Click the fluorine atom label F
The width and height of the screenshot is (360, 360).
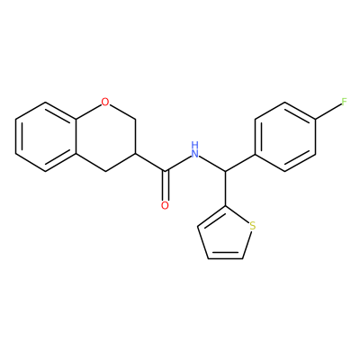pos(344,103)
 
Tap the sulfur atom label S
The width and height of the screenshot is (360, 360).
pos(253,226)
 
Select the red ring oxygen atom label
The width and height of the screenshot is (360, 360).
pos(105,103)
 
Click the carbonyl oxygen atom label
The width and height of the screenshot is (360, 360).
pos(165,205)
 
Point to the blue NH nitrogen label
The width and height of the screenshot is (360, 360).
pos(195,150)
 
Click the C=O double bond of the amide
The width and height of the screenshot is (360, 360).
pos(165,186)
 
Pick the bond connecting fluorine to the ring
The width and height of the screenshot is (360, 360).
pos(328,112)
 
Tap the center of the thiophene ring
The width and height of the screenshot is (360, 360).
pos(224,237)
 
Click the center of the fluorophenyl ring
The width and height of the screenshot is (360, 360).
pos(285,137)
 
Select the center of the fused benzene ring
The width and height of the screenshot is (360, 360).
pos(46,137)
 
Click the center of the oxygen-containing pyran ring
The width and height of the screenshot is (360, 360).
pos(105,137)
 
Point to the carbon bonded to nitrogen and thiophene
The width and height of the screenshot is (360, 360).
pos(225,172)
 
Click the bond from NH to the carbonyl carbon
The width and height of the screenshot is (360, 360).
pos(178,164)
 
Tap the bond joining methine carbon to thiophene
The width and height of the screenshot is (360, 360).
pos(225,189)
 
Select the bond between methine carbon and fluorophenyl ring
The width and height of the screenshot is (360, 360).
pos(240,163)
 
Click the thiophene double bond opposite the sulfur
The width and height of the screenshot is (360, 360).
pos(225,258)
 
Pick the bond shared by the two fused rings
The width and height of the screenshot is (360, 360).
pos(76,137)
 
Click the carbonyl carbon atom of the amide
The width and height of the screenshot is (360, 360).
pos(165,172)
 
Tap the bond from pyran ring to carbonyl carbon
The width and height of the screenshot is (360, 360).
pos(150,163)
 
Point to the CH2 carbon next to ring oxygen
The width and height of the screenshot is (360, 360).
pos(136,120)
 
